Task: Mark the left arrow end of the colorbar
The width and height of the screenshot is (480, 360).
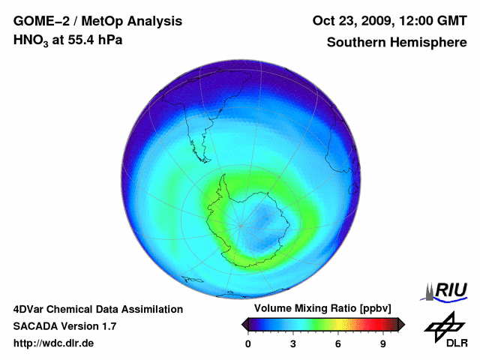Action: (x=244, y=324)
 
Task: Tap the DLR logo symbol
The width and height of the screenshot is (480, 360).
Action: (x=445, y=325)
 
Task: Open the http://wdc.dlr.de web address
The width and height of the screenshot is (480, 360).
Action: (x=53, y=343)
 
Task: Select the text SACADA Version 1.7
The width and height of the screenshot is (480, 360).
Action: (x=64, y=326)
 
